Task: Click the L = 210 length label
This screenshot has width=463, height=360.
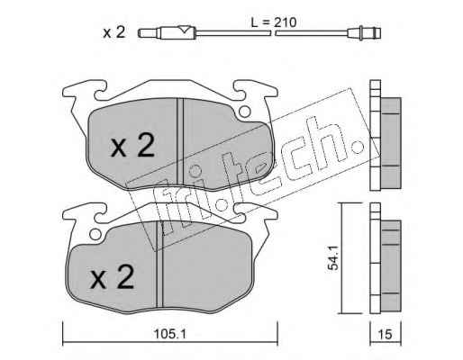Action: coord(274,22)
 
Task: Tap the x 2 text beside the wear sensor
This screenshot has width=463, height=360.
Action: coord(113,32)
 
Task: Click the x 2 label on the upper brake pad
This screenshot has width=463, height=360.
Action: coord(132,146)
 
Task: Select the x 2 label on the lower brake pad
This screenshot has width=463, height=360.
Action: coord(112,277)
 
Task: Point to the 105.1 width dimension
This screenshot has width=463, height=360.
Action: coord(170,334)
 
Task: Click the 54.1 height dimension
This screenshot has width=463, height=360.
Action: coord(333,258)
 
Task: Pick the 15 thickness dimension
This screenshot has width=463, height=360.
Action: coord(386,334)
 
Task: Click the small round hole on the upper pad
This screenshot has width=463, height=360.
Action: coord(244,112)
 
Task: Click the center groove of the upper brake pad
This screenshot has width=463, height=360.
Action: coord(180,141)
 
